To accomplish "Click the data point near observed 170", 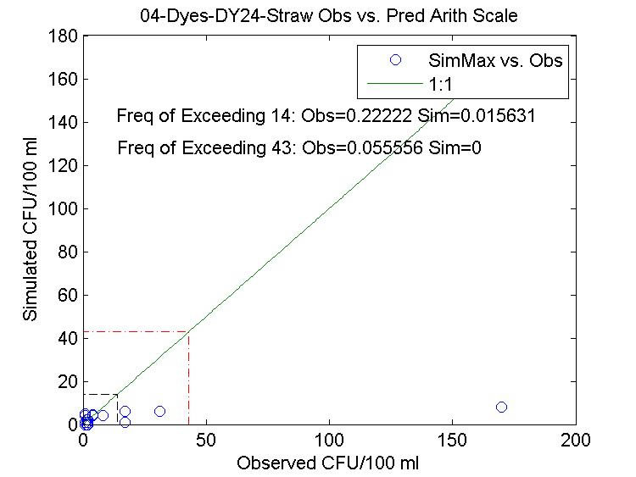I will coord(501,408).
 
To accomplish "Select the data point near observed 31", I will coord(159,411).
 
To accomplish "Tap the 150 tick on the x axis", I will coord(453,441).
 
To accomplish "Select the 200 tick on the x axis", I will coord(576,441).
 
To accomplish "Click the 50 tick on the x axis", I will coord(206,441).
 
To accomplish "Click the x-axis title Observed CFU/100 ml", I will coord(327,463).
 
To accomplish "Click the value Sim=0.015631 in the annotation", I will coord(482,116).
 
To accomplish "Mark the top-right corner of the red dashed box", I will coord(189,331).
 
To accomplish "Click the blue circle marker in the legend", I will coord(394,60).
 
